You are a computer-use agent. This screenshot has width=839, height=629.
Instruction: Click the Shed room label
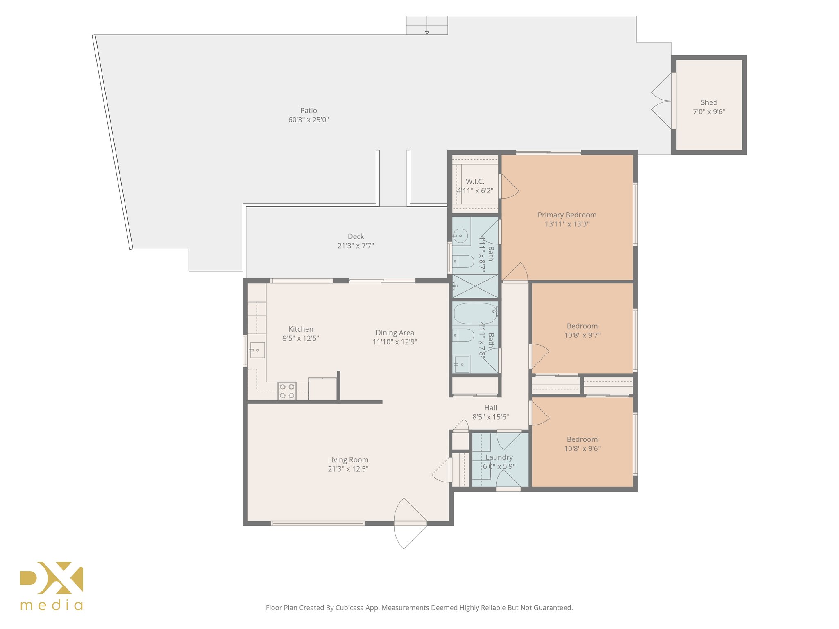[x=709, y=102]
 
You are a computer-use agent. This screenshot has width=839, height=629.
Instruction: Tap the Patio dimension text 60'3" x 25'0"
[x=308, y=120]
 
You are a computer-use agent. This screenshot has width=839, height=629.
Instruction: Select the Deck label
[x=356, y=236]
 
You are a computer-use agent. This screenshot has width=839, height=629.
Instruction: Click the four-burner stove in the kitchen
[x=287, y=391]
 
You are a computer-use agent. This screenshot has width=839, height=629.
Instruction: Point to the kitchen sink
[x=257, y=350]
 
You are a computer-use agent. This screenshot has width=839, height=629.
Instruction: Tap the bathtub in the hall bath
[x=476, y=313]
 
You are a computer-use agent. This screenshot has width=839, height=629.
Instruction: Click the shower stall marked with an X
[x=475, y=286]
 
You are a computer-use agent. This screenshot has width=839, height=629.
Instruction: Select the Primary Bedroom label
[x=567, y=215]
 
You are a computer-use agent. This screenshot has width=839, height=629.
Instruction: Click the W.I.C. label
[x=475, y=181]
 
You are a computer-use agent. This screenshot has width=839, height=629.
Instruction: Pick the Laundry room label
[x=499, y=457]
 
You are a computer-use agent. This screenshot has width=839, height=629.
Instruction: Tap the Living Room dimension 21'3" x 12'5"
[x=348, y=469]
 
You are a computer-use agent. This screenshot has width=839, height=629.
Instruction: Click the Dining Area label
[x=395, y=333]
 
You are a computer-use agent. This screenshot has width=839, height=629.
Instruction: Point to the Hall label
[x=490, y=407]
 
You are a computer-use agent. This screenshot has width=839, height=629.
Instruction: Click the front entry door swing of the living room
[x=410, y=523]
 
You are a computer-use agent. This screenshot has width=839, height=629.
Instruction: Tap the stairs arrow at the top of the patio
[x=427, y=25]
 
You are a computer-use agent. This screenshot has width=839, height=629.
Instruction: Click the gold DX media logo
[x=52, y=586]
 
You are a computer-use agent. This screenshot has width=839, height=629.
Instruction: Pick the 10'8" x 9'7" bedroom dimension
[x=582, y=335]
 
